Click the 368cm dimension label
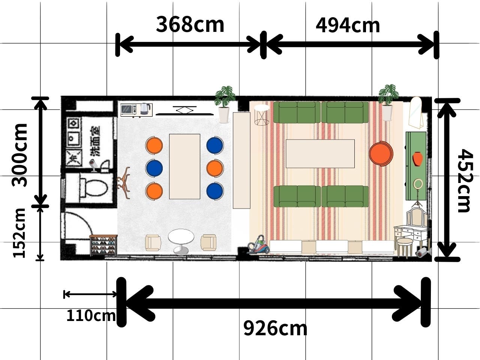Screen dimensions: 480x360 tap(190, 24)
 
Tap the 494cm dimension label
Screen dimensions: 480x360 tap(348, 25)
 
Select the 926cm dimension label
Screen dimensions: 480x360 tap(275, 328)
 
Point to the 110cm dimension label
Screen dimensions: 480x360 tap(91, 316)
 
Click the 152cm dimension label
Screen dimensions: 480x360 tap(19, 233)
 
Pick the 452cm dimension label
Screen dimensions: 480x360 tap(465, 180)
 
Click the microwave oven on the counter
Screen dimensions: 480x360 tap(129, 109)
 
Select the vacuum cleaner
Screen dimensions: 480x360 tap(258, 244)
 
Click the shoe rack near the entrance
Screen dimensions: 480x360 tap(103, 245)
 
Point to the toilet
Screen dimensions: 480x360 tap(94, 187)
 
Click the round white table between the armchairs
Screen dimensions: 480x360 tap(181, 241)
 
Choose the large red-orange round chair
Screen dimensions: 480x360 tap(381, 153)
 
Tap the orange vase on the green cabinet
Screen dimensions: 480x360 tap(417, 159)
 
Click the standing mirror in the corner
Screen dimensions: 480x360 tap(416, 113)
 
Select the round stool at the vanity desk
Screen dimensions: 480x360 tap(405, 247)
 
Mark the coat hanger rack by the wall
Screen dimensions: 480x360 tap(124, 183)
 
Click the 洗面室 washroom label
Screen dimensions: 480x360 tap(96, 141)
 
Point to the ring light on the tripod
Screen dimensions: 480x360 tap(418, 184)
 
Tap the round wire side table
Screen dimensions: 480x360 tap(262, 115)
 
